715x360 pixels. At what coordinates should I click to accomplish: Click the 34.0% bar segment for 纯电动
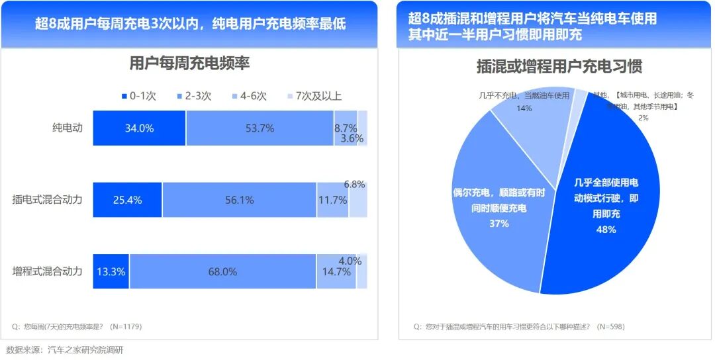[x=139, y=128]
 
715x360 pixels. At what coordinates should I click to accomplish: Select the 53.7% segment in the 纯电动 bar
[x=260, y=128]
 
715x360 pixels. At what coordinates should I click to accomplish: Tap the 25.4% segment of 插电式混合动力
[x=127, y=200]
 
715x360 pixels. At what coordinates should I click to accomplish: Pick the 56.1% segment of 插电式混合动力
[x=239, y=200]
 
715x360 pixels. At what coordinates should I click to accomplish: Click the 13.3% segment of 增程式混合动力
[x=111, y=271]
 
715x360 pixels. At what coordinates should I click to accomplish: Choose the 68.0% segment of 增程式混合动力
[x=222, y=271]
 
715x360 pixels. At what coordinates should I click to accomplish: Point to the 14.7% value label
[x=336, y=272]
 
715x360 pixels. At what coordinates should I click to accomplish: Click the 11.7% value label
[x=332, y=200]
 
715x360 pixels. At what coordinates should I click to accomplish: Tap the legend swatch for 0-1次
[x=124, y=97]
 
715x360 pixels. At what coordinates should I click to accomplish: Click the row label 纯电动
[x=68, y=128]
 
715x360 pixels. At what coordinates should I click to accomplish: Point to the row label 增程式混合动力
[x=48, y=271]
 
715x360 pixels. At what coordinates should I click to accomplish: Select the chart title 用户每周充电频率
[x=189, y=64]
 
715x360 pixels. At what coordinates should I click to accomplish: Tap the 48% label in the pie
[x=606, y=230]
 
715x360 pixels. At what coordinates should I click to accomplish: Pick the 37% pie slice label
[x=499, y=224]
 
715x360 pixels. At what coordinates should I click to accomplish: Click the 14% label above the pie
[x=524, y=108]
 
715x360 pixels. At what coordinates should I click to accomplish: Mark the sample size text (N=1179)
[x=126, y=326]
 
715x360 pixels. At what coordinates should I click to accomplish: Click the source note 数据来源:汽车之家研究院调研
[x=65, y=350]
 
